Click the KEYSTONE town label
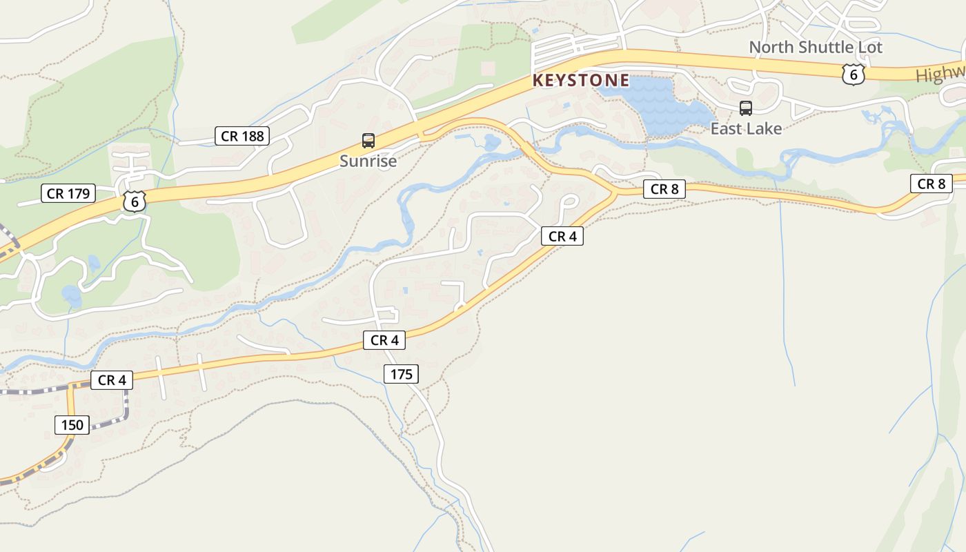click(580, 81)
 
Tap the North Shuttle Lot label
click(816, 48)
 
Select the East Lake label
click(746, 129)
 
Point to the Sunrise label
click(368, 161)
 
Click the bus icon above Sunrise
click(368, 141)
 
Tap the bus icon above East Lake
click(746, 108)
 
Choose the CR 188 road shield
click(241, 136)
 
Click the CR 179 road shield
click(68, 194)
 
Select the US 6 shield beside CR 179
click(135, 201)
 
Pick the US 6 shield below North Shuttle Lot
click(853, 75)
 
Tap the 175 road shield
click(401, 374)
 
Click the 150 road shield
click(72, 424)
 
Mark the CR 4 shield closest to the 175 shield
click(384, 339)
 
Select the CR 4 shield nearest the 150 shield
click(111, 380)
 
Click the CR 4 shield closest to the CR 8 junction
click(562, 236)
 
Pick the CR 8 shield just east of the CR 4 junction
click(664, 189)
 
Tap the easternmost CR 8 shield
click(931, 184)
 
